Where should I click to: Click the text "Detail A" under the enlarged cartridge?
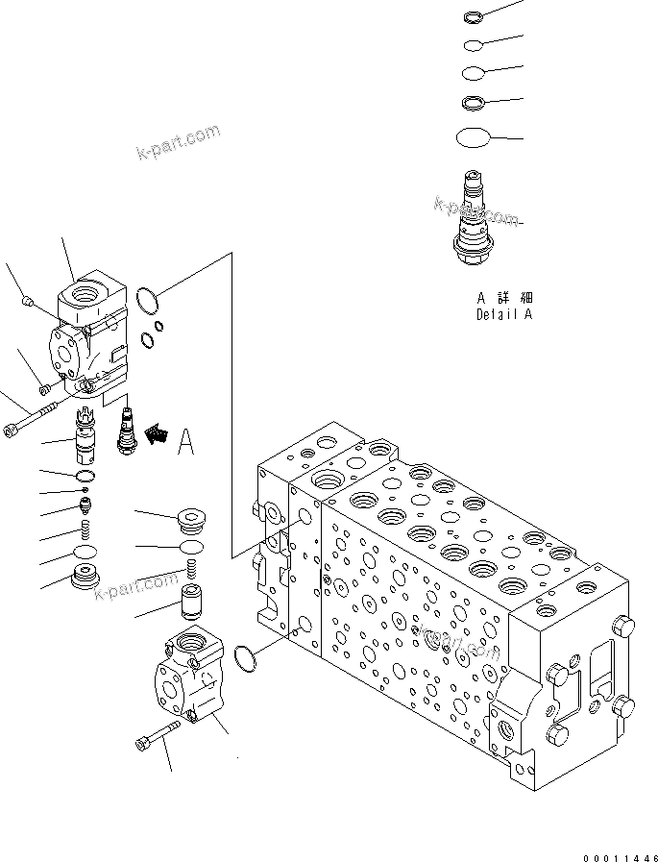click(503, 314)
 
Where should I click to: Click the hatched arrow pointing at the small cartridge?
click(153, 435)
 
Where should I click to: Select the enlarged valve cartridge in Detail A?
click(472, 217)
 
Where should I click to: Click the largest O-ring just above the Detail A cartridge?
click(473, 137)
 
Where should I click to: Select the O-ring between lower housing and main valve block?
click(246, 659)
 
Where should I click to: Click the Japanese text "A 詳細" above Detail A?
click(503, 298)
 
